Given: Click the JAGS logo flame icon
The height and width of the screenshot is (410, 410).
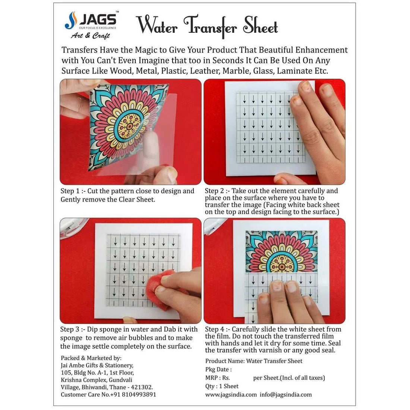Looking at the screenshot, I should (x=71, y=20).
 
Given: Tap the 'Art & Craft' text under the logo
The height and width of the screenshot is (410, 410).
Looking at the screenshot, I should (x=90, y=36).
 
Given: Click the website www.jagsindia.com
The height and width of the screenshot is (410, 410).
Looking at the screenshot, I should (x=231, y=394).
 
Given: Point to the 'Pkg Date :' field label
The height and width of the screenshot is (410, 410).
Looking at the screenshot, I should (x=218, y=369).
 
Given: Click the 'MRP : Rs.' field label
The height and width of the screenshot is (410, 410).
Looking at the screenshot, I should (x=218, y=378).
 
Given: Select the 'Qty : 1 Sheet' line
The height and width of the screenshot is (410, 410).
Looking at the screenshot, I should (x=222, y=386).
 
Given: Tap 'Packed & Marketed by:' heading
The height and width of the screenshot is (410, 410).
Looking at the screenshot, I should (x=91, y=358).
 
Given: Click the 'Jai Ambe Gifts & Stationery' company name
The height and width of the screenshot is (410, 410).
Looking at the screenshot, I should (x=97, y=365).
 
